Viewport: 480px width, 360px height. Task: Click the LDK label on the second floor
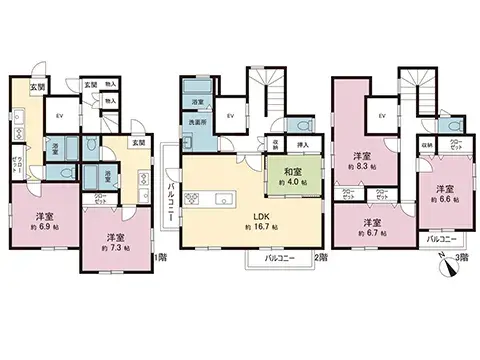pyautogui.click(x=259, y=214)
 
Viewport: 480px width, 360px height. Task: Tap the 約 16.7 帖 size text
pyautogui.click(x=259, y=226)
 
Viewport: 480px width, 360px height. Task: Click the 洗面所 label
pyautogui.click(x=197, y=122)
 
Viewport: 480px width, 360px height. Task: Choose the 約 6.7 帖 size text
pyautogui.click(x=373, y=234)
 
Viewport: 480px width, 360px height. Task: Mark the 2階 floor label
pyautogui.click(x=320, y=258)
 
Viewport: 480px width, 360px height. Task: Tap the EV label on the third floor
pyautogui.click(x=382, y=116)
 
